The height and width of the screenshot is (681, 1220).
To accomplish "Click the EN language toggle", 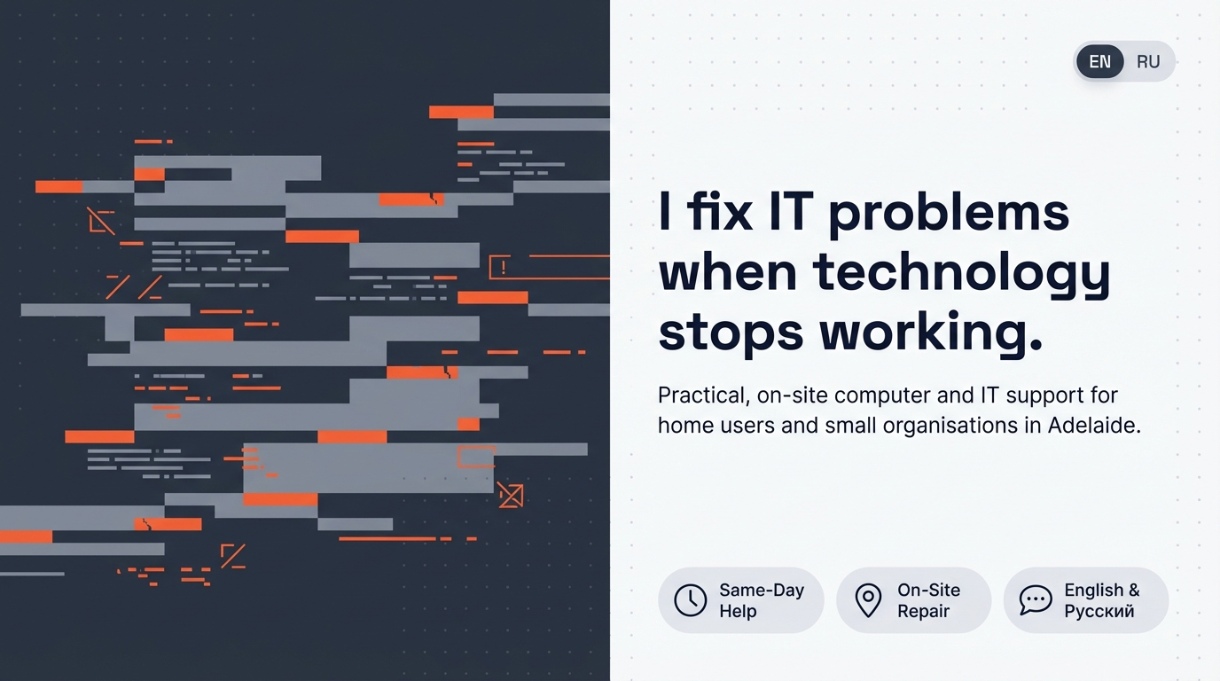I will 1099,62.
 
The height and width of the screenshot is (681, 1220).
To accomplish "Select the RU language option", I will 1148,62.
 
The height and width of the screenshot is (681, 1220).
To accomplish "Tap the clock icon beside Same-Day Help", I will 691,600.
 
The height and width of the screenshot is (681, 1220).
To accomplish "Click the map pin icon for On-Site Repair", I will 868,600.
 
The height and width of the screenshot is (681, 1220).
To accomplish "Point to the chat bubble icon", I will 1036,600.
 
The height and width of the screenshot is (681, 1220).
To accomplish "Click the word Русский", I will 1099,612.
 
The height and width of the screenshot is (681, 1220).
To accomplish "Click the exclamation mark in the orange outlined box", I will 503,266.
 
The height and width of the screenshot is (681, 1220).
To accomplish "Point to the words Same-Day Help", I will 761,600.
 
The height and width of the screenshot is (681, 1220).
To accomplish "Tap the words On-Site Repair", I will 928,600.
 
